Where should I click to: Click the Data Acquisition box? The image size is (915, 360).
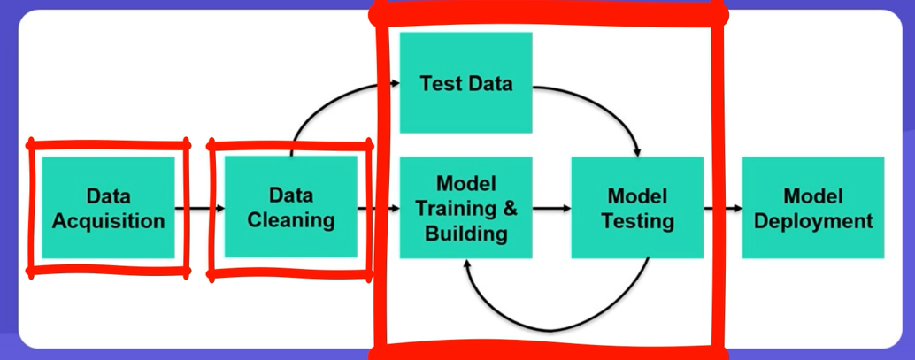click(108, 207)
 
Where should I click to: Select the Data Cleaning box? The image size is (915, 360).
click(290, 207)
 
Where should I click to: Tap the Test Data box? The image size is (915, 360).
click(465, 83)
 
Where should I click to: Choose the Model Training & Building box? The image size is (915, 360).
click(465, 207)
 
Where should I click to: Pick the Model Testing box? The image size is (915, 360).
click(637, 207)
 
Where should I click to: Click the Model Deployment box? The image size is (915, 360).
click(812, 207)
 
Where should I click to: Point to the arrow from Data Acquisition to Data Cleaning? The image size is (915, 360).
click(199, 209)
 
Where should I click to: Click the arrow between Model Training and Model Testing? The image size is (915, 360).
click(551, 209)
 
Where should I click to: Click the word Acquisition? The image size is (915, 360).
click(108, 220)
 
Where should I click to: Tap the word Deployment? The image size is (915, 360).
click(812, 220)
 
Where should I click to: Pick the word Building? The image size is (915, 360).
click(465, 234)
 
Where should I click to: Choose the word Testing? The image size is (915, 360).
click(637, 220)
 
